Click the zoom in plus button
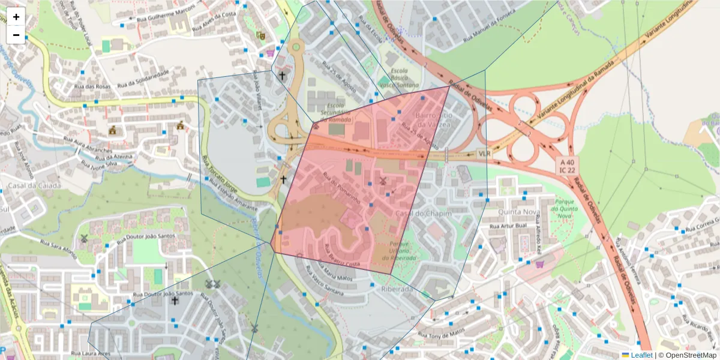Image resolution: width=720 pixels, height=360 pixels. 16,17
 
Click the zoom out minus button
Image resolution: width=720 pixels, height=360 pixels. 16,35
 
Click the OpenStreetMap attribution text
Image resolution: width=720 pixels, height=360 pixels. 687,355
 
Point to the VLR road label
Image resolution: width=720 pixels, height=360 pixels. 484,154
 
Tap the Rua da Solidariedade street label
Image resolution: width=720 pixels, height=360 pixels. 143,79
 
